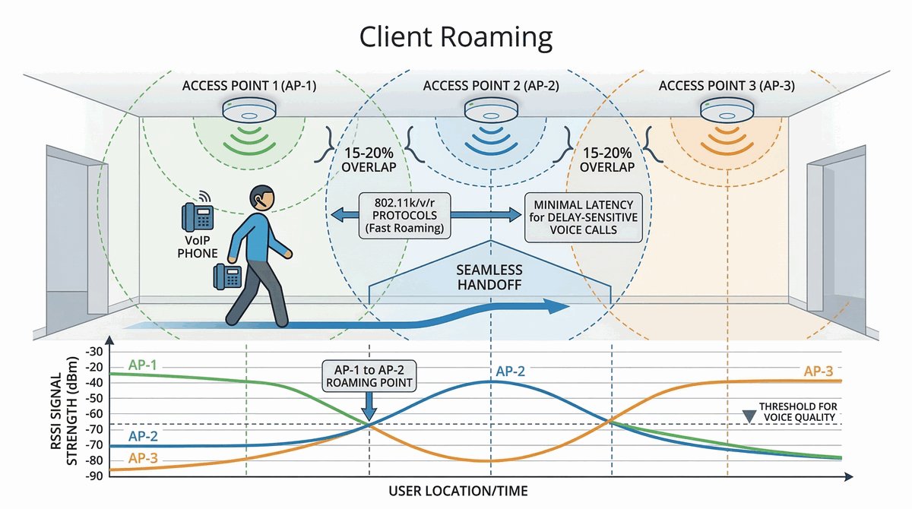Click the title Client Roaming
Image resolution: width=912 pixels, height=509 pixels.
pyautogui.click(x=456, y=36)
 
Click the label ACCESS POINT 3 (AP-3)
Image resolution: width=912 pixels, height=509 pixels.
pyautogui.click(x=727, y=86)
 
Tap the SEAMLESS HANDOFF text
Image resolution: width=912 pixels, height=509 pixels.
pyautogui.click(x=489, y=278)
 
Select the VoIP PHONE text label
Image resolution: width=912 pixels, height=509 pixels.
pyautogui.click(x=197, y=246)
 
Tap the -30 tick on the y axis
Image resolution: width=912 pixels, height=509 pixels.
pyautogui.click(x=95, y=352)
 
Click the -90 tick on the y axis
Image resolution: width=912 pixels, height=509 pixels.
pyautogui.click(x=95, y=476)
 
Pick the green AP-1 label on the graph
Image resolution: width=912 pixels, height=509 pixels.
pyautogui.click(x=144, y=365)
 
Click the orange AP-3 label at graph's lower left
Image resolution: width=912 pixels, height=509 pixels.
pyautogui.click(x=144, y=457)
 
